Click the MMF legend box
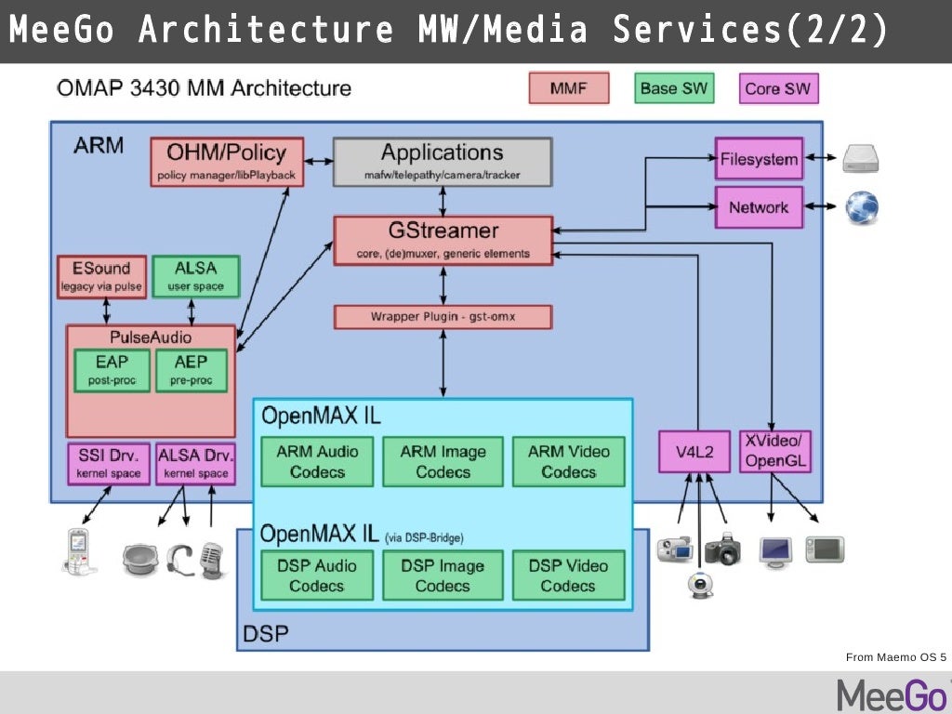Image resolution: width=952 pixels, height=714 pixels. click(x=568, y=89)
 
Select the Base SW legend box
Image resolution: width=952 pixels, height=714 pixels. click(x=673, y=89)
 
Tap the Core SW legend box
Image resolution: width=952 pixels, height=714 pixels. click(x=777, y=89)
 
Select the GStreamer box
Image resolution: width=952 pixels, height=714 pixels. click(x=443, y=240)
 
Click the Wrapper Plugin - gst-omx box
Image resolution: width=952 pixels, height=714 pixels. click(x=443, y=317)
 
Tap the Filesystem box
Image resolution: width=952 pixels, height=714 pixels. click(x=759, y=159)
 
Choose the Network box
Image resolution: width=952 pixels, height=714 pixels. click(x=759, y=207)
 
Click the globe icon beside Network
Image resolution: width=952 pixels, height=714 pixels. click(x=861, y=208)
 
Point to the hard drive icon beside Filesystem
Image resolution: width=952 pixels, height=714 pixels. click(x=861, y=160)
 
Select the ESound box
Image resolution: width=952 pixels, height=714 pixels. click(x=100, y=277)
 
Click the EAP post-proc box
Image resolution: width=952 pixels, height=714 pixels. click(x=112, y=370)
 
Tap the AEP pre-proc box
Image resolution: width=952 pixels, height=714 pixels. click(x=191, y=370)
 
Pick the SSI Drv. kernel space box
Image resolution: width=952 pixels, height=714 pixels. click(x=108, y=463)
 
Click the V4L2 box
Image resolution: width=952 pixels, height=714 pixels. click(x=694, y=452)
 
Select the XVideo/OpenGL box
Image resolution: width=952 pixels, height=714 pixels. click(x=774, y=451)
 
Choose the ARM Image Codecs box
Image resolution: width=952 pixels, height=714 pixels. click(x=443, y=462)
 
